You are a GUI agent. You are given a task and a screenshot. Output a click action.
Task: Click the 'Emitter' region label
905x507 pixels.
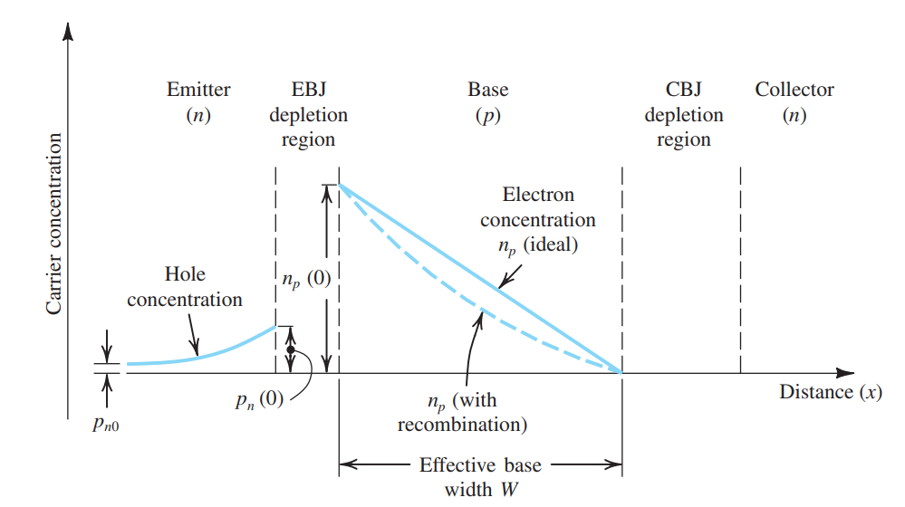coord(198,90)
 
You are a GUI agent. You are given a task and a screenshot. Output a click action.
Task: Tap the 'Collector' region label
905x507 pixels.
coord(794,90)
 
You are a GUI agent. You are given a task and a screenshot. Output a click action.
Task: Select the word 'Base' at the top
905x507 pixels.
coord(487,90)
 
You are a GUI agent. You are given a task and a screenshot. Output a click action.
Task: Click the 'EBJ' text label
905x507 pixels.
coord(308,90)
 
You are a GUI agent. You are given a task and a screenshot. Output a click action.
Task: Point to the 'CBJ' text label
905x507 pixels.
coord(683,90)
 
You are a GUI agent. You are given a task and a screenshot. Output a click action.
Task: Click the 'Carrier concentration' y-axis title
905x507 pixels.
coord(53,224)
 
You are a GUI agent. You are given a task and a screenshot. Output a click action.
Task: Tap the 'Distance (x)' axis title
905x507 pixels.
coord(830,392)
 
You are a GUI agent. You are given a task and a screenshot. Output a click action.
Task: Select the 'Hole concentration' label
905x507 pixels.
coord(185,285)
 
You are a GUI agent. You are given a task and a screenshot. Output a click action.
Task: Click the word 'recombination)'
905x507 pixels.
coord(463,423)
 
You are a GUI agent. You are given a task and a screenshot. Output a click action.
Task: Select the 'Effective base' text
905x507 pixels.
coord(480,465)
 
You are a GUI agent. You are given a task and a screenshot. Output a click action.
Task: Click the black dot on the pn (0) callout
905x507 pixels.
coord(291,349)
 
